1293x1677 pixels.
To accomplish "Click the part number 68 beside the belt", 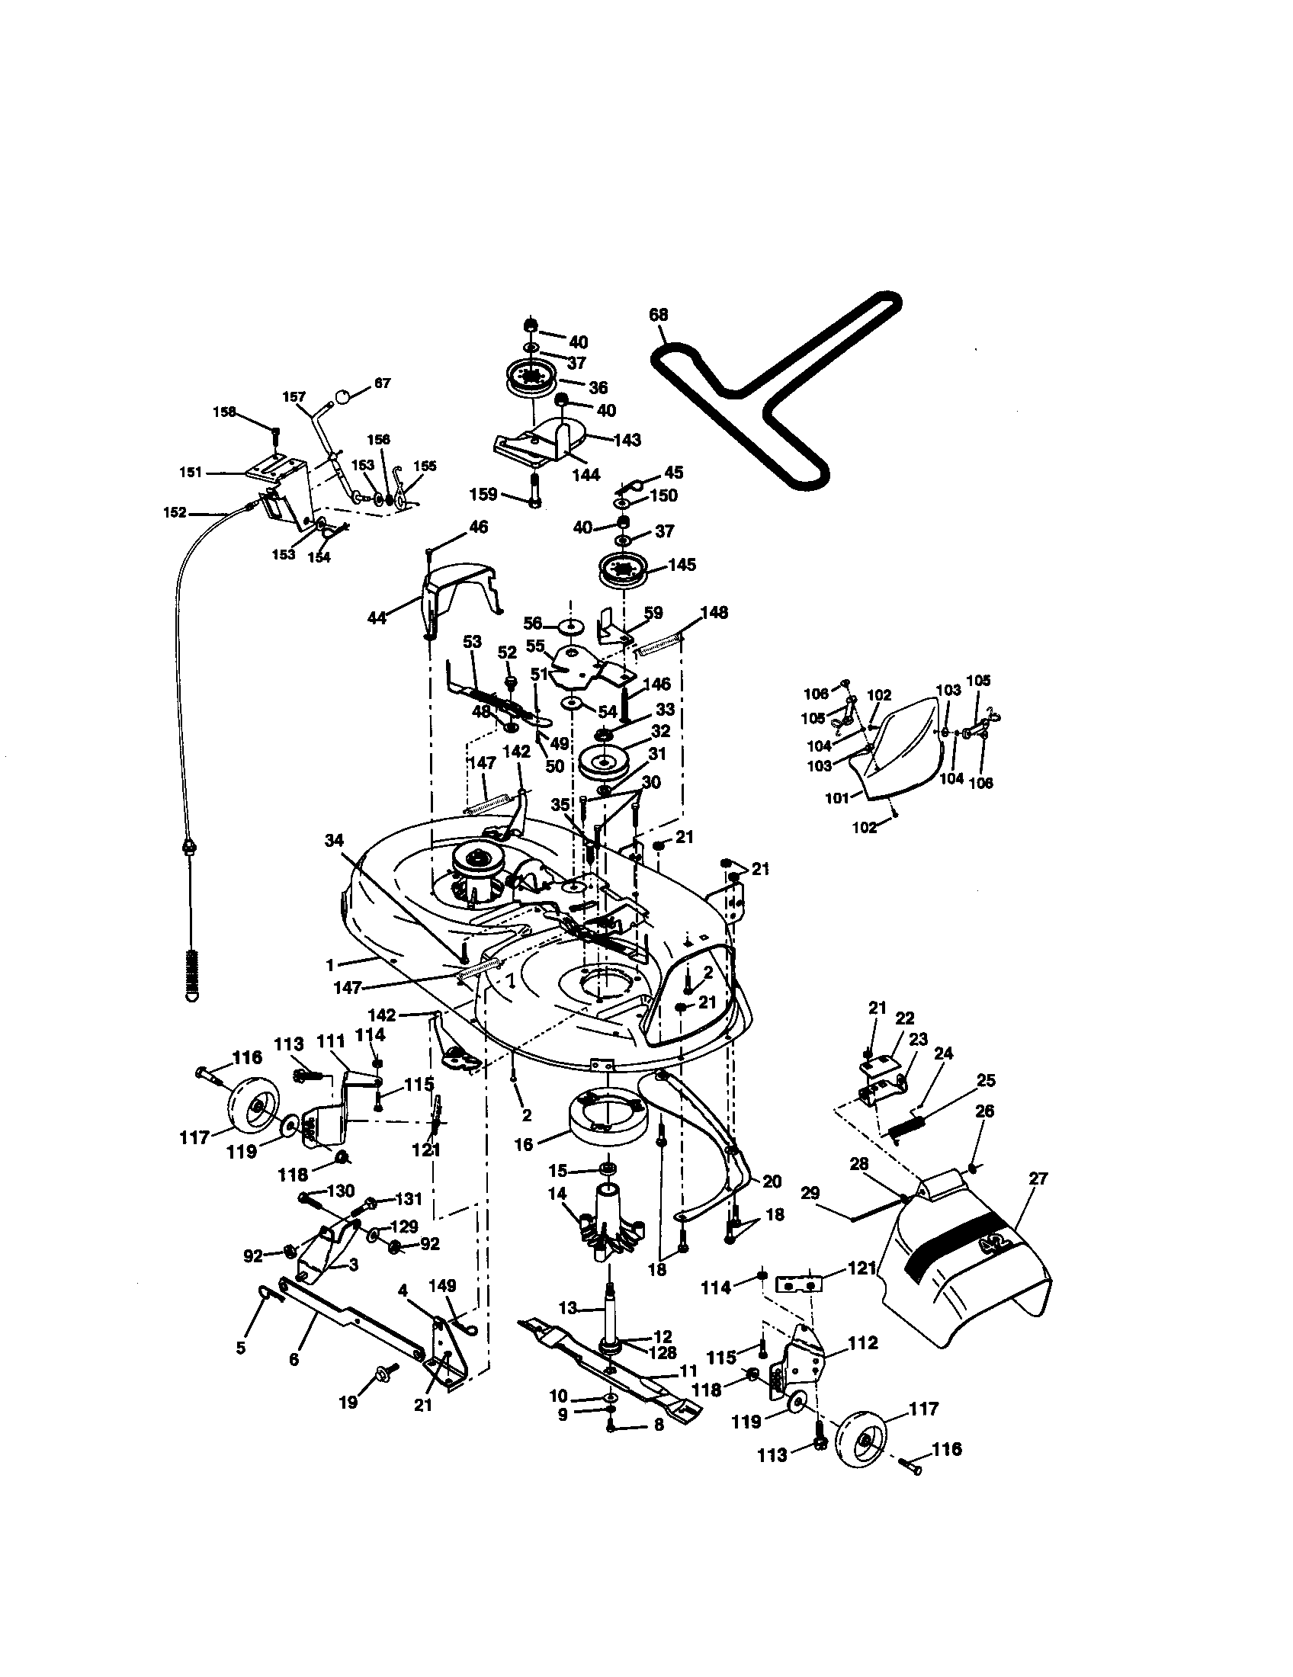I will [x=658, y=314].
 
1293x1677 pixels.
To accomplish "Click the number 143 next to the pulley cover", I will [x=627, y=440].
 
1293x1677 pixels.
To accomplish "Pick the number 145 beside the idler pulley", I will [x=682, y=565].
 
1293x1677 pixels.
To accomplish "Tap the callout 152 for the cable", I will [x=175, y=512].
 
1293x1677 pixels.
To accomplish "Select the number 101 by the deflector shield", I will [x=836, y=798].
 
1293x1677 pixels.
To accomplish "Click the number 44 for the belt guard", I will [x=376, y=617].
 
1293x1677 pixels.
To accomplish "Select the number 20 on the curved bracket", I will [x=771, y=1181].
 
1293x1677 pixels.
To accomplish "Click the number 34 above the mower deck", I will [x=334, y=841].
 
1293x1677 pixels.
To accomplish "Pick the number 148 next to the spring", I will [x=714, y=613].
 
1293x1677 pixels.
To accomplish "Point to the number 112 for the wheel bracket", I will [x=862, y=1343].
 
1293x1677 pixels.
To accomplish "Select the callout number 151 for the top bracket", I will [x=191, y=473].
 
